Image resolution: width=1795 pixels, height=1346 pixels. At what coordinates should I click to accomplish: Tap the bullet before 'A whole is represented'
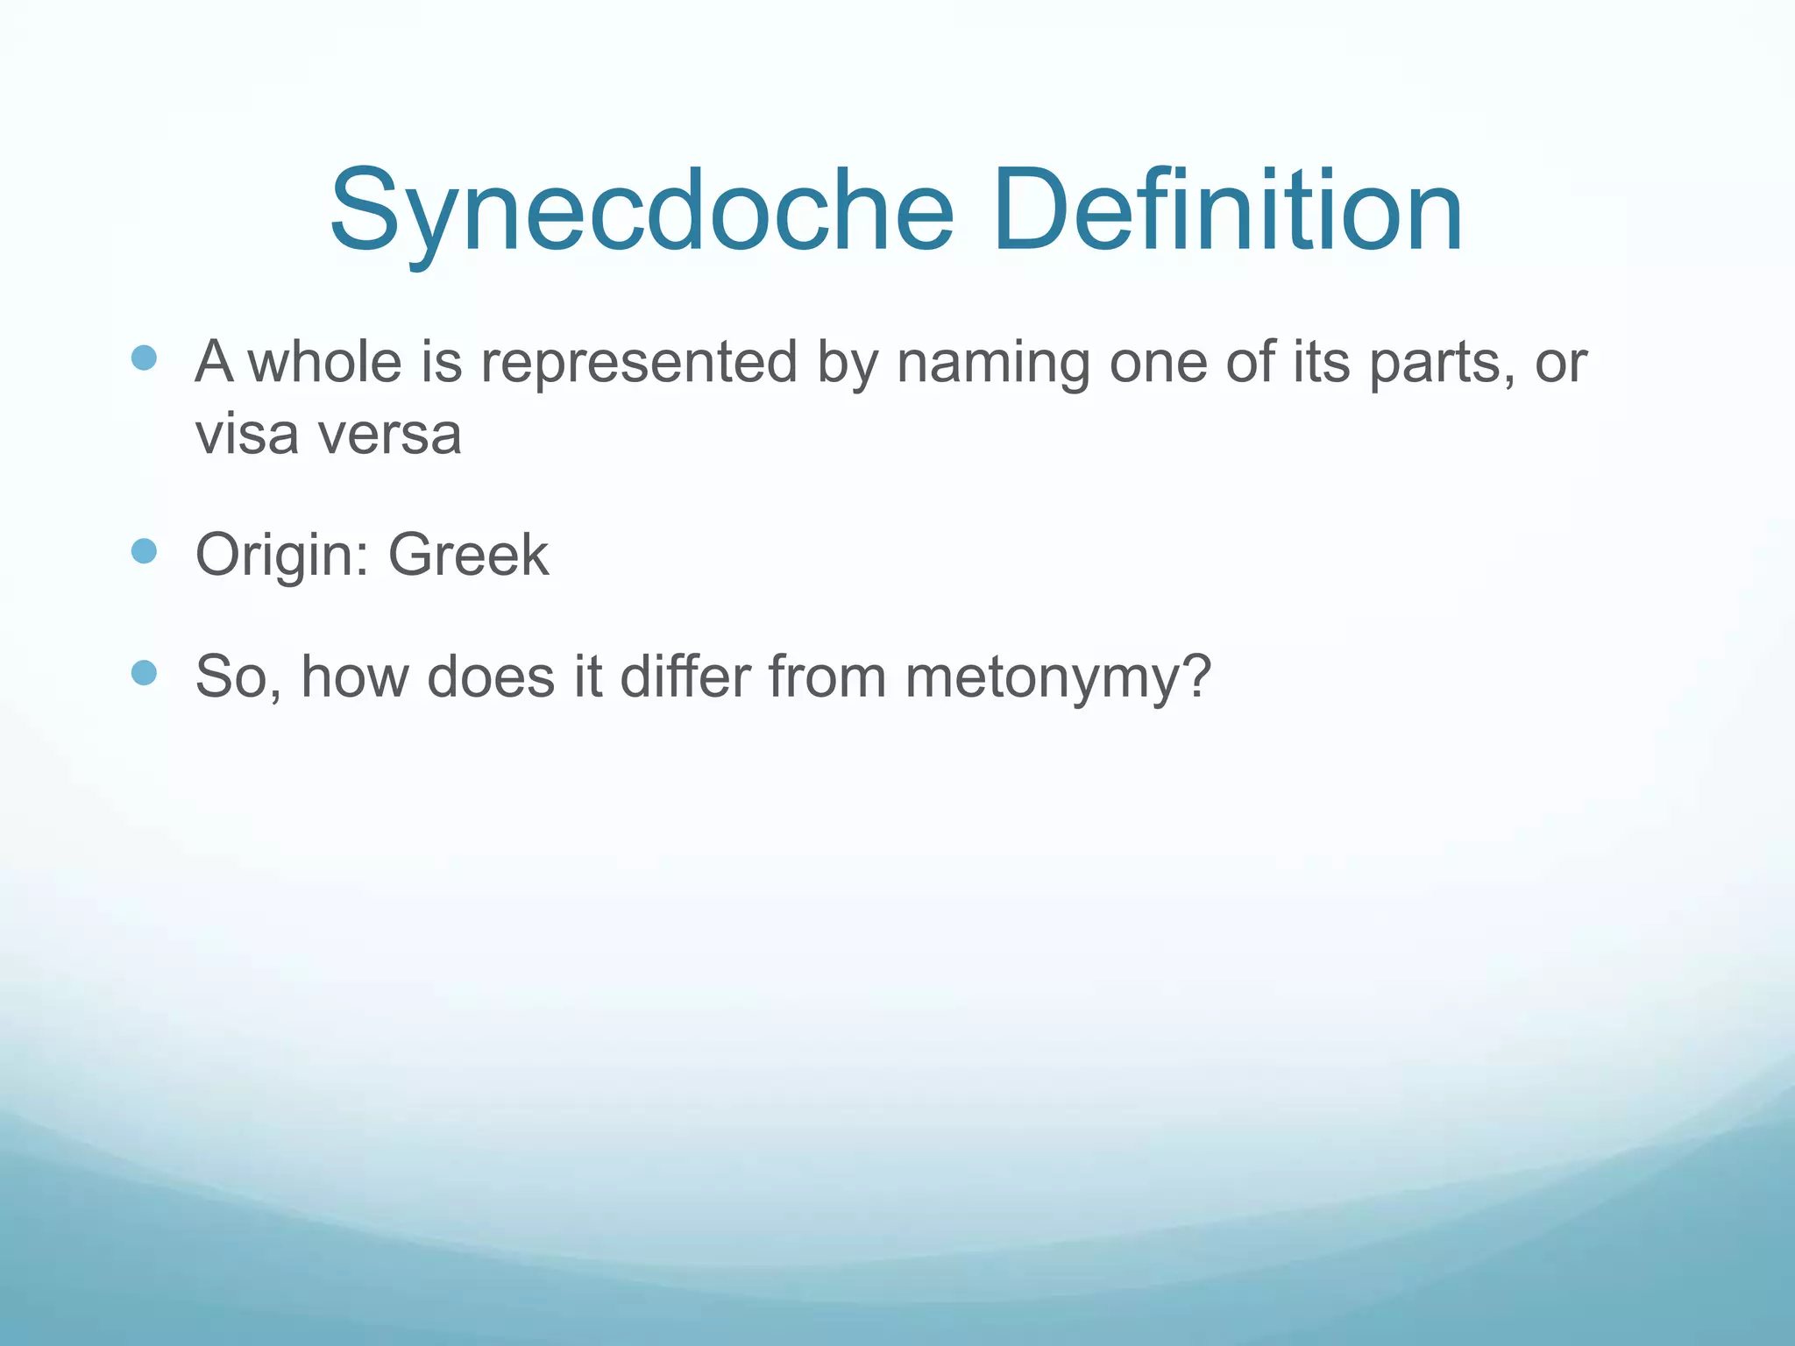144,358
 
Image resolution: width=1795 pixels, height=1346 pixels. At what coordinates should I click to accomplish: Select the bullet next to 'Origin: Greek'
144,551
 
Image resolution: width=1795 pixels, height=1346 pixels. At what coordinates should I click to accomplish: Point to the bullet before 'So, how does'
144,673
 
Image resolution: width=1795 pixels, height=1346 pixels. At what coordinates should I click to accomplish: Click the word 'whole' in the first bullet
325,361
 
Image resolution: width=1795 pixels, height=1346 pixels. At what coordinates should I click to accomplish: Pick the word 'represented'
639,361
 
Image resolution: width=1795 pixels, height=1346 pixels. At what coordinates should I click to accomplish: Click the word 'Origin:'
282,555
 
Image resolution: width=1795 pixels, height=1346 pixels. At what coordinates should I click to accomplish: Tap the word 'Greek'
468,555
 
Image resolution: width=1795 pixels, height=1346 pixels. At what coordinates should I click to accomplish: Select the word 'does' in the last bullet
491,677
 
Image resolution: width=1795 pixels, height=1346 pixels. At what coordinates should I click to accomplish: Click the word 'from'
827,677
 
